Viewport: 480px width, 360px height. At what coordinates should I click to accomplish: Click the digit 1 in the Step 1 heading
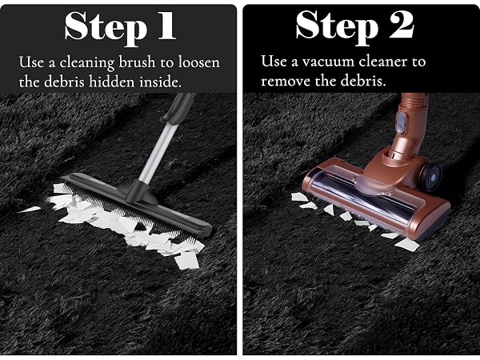tap(167, 26)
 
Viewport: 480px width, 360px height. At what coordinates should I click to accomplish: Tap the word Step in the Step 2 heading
tap(338, 27)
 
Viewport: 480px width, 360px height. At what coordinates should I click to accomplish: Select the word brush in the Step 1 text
tap(137, 62)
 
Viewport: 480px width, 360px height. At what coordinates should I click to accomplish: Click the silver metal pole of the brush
tap(158, 152)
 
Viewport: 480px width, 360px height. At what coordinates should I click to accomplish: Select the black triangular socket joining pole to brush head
tap(137, 192)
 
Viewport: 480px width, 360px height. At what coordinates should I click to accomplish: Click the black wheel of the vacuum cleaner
tap(431, 176)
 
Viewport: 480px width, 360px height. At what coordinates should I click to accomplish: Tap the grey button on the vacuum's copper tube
tap(401, 122)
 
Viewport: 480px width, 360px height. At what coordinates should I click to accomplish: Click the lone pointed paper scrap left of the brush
tap(29, 210)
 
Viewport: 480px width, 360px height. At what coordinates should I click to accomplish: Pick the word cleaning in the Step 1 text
tap(86, 63)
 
